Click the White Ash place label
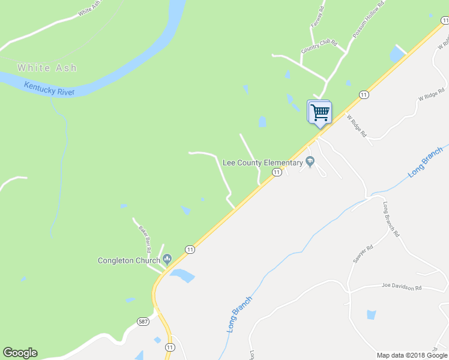[x=47, y=68]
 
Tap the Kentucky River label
[x=49, y=89]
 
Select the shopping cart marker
[x=320, y=112]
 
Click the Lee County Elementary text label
[x=262, y=163]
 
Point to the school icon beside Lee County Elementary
[x=310, y=161]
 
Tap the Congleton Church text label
[x=129, y=260]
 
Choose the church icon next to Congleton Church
[x=167, y=260]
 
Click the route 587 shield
[x=143, y=322]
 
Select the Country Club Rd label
[x=319, y=47]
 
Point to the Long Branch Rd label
[x=391, y=219]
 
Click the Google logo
[x=20, y=353]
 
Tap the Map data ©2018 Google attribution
[x=412, y=355]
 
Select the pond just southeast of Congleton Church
[x=183, y=276]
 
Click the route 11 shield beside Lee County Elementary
[x=276, y=172]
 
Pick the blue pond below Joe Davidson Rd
[x=371, y=315]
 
